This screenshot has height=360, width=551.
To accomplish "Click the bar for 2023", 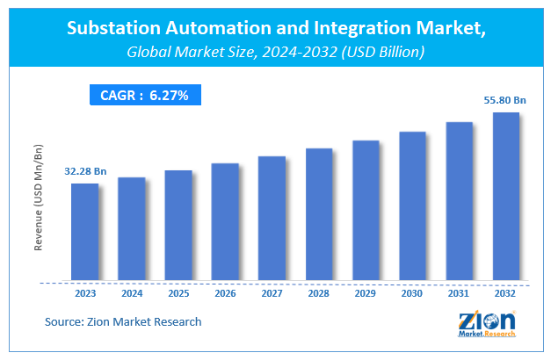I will (84, 233).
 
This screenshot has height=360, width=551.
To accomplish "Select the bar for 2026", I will (225, 222).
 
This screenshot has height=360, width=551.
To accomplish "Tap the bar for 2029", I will (366, 211).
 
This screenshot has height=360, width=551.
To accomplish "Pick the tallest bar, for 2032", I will (506, 197).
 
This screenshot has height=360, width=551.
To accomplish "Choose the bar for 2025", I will (178, 226).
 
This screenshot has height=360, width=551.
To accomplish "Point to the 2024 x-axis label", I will (131, 295).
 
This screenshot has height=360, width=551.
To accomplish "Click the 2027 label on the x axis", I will (272, 295).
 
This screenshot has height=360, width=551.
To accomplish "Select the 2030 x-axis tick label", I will (412, 295).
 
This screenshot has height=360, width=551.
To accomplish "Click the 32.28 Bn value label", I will (86, 170).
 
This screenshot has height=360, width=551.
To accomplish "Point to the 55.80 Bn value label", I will (505, 100).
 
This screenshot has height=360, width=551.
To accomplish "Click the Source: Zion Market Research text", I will (123, 322).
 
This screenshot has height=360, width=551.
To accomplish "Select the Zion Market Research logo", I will (488, 322).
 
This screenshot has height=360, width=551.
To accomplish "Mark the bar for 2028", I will (319, 215).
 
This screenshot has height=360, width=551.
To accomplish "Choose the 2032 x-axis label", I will (506, 295).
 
